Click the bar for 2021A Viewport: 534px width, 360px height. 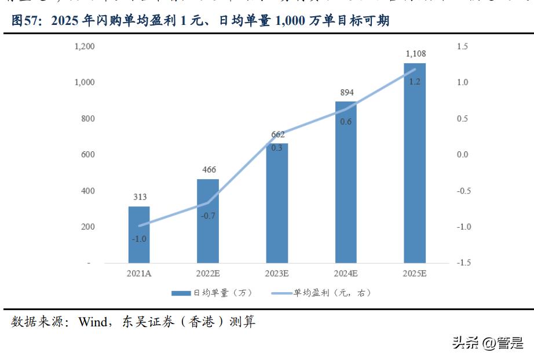tap(139, 234)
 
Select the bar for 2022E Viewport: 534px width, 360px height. tap(208, 221)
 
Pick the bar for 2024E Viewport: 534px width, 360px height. tap(346, 182)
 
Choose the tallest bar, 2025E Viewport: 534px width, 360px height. tap(415, 162)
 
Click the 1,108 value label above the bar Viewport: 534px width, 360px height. tap(415, 54)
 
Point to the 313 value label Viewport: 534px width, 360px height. tap(139, 197)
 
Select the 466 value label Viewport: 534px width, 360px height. tap(208, 170)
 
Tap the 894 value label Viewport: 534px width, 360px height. tap(346, 92)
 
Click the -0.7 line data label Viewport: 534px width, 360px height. tap(208, 216)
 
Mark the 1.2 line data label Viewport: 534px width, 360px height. tap(415, 82)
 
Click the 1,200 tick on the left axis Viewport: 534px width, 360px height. tap(84, 46)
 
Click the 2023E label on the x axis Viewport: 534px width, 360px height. tap(277, 274)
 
